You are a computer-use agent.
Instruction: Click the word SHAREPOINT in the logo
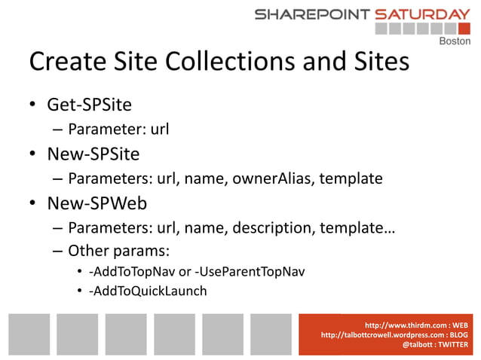[x=312, y=14]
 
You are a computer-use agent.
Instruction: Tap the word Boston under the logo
[x=454, y=41]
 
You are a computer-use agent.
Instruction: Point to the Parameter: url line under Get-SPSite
[x=118, y=130]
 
